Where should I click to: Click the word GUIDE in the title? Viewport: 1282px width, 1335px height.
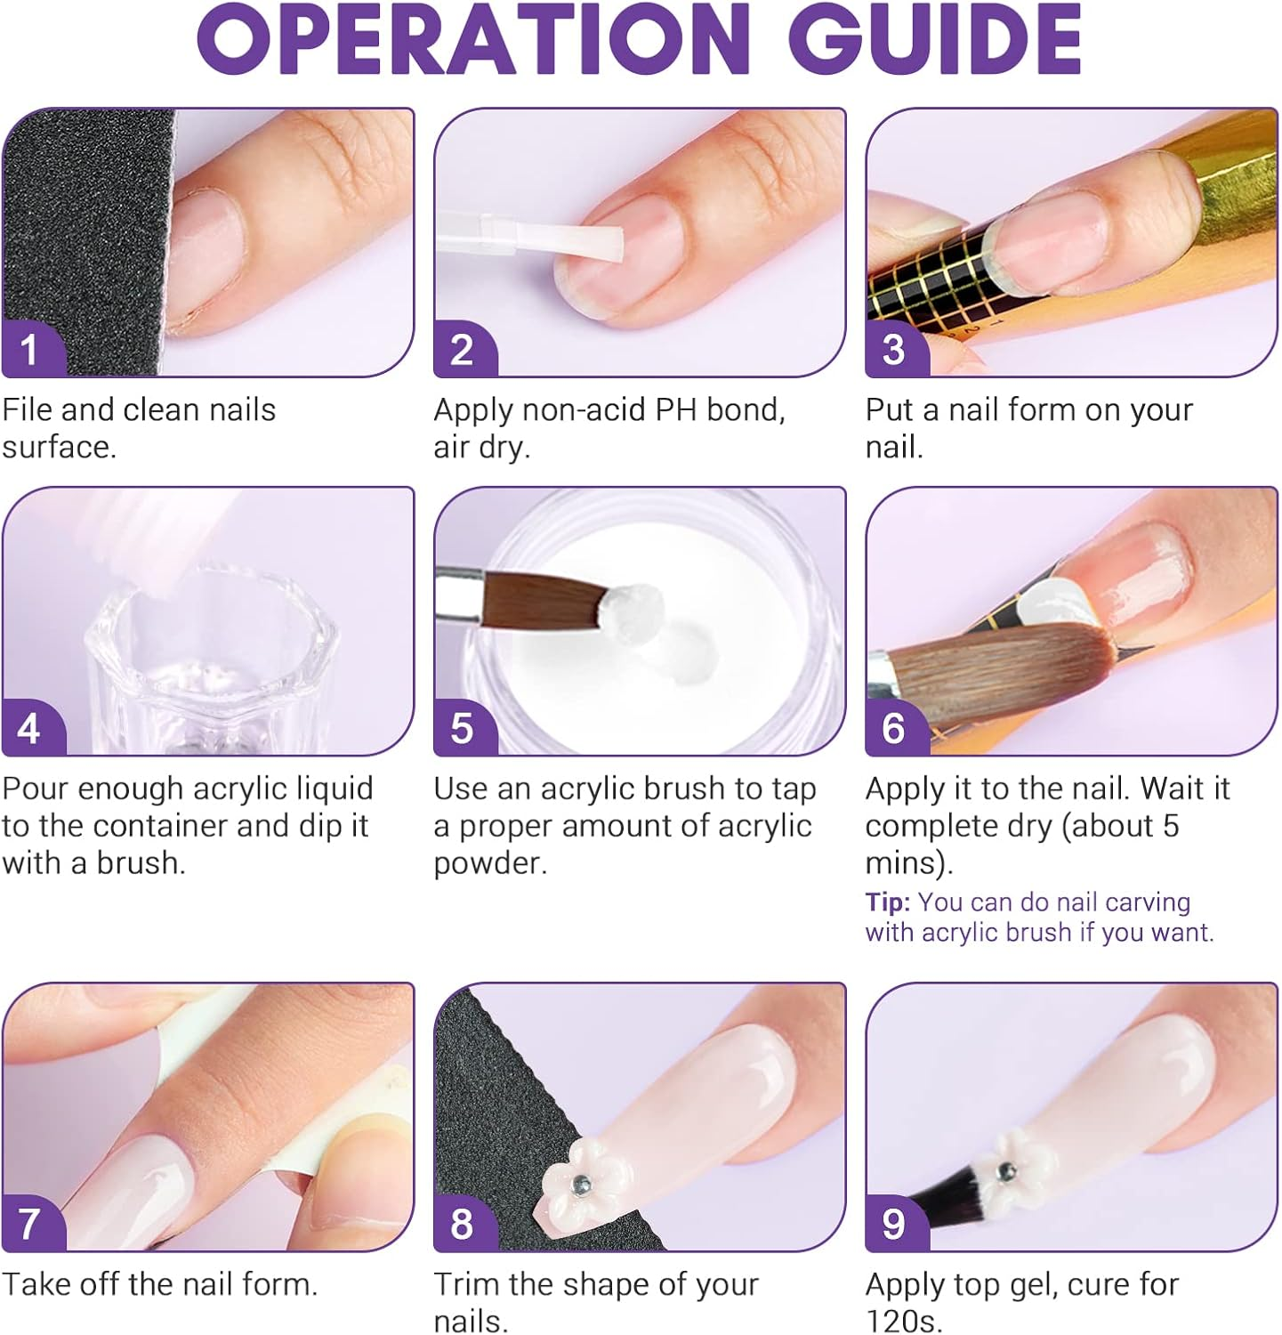[x=934, y=40]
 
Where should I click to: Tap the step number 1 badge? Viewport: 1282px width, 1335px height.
[x=29, y=350]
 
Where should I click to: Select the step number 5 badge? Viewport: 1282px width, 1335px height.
[x=461, y=728]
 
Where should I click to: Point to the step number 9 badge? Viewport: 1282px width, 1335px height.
[x=893, y=1224]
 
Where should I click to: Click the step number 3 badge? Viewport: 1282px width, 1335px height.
[x=893, y=350]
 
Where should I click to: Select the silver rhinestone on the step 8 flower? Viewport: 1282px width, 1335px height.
[x=579, y=1184]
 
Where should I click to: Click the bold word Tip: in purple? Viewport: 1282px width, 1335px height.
[x=888, y=902]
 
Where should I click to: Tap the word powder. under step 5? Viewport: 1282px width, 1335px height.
[x=490, y=863]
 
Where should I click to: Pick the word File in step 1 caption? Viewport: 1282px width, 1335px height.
[x=28, y=409]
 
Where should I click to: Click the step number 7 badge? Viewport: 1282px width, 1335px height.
[x=29, y=1224]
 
